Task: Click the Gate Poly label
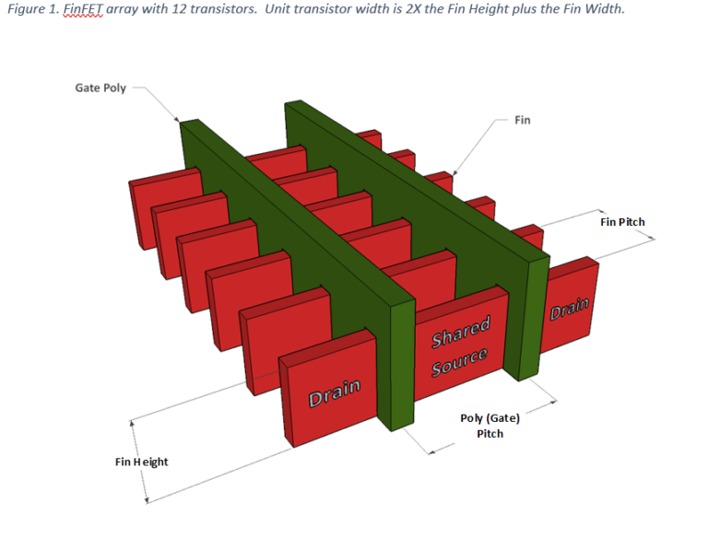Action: [x=100, y=88]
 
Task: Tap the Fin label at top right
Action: [x=522, y=120]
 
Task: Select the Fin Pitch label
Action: [x=622, y=222]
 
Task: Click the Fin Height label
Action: [x=142, y=462]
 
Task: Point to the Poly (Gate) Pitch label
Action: [x=490, y=426]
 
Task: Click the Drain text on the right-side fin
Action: [x=569, y=310]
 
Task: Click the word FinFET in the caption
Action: [x=84, y=9]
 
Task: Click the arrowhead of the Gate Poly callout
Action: [x=180, y=120]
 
